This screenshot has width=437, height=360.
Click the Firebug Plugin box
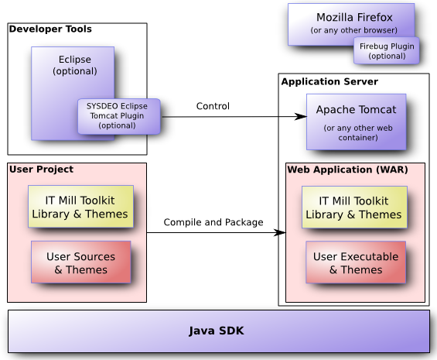tap(387, 51)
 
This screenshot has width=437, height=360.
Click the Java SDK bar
tap(218, 331)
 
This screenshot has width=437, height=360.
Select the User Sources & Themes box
tap(80, 262)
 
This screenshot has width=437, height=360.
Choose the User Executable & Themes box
tap(356, 262)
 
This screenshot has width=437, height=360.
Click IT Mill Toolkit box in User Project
tap(80, 207)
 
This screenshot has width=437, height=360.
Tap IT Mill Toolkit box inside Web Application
tap(353, 207)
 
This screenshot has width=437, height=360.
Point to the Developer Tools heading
tap(50, 29)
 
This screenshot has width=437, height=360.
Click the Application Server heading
tap(329, 81)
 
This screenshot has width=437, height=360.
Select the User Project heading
tap(41, 169)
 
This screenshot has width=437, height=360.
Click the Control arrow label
tap(213, 106)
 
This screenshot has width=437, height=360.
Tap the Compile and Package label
tap(213, 222)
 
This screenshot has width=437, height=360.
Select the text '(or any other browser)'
tap(353, 31)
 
